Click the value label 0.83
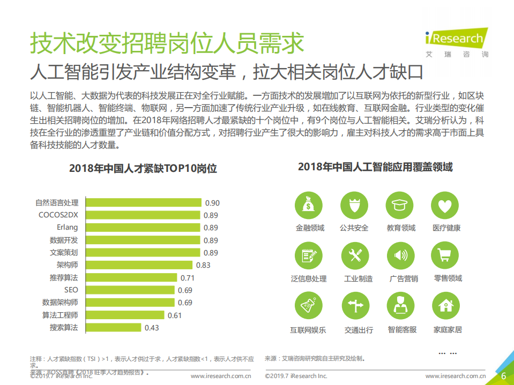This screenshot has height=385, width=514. click(x=203, y=265)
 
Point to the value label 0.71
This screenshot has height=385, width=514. click(x=187, y=278)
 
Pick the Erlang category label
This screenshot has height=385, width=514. click(x=67, y=228)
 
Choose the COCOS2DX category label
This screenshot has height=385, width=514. click(x=58, y=215)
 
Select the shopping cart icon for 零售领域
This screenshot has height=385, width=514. click(x=445, y=255)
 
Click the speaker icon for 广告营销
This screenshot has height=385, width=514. click(x=400, y=255)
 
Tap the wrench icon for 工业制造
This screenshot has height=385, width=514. click(x=355, y=255)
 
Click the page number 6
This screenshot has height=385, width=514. click(x=503, y=376)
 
